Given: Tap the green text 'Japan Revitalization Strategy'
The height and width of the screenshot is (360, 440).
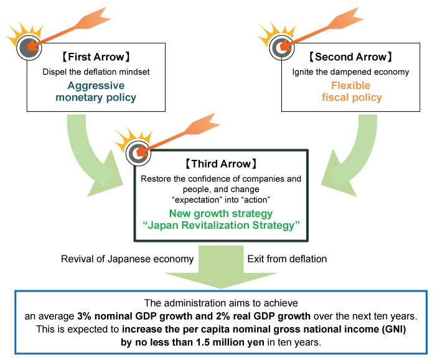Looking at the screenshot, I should click(221, 226).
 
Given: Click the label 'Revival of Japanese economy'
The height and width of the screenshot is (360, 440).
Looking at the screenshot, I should click(127, 259).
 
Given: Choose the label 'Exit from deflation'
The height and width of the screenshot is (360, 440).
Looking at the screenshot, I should click(287, 259).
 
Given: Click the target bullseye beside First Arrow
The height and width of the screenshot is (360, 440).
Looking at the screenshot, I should click(27, 46).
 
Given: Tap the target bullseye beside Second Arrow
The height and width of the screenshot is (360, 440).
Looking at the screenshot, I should click(279, 46).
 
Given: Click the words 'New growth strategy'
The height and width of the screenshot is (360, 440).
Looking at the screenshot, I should click(221, 214).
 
